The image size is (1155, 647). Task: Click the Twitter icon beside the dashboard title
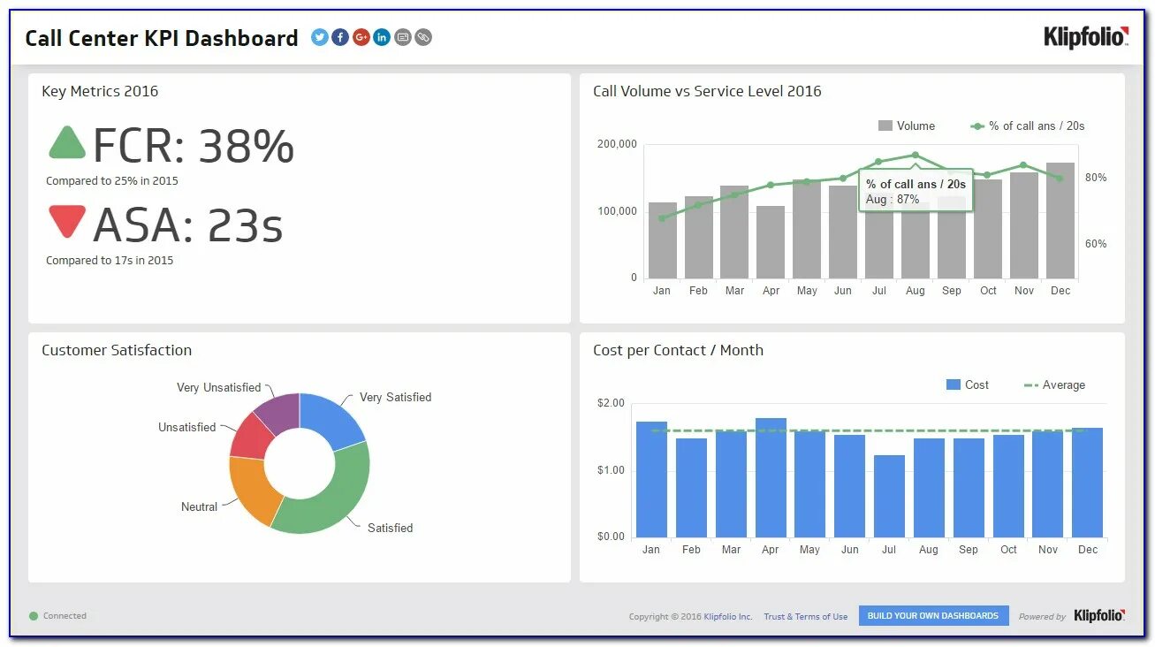coord(320,37)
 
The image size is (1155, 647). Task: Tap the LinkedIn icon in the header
coord(382,37)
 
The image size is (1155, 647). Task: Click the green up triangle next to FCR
coord(66,143)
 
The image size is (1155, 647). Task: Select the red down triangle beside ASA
coord(67,220)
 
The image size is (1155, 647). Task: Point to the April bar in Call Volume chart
coord(771,242)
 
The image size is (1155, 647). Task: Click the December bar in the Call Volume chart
coord(1060,221)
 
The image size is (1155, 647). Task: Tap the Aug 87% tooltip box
coord(916,191)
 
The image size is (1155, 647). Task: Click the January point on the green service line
coord(662,217)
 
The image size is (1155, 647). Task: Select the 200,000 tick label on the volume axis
coord(617,144)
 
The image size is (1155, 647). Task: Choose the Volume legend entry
coord(907,126)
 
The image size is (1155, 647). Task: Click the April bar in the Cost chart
coord(771,477)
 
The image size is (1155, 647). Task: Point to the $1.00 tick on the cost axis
coord(612,470)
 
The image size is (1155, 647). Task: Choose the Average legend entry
coord(1054,385)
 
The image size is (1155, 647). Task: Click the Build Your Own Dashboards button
coord(932,616)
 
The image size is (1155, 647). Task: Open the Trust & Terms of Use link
coord(805,617)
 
